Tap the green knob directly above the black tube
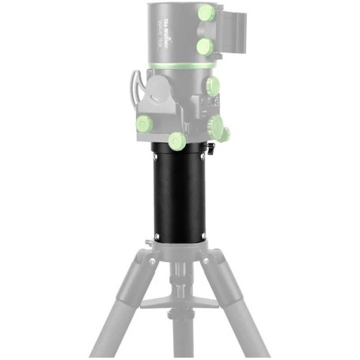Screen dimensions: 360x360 176,142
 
